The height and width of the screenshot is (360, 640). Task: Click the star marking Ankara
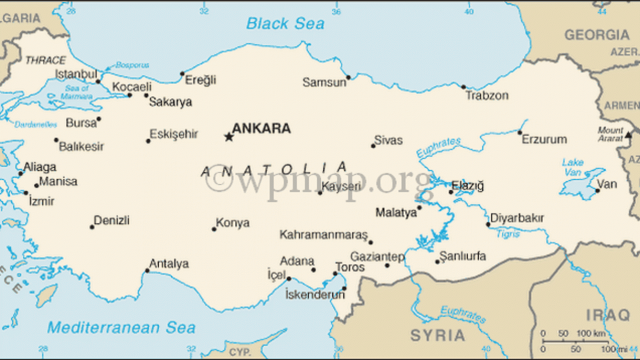click(x=229, y=136)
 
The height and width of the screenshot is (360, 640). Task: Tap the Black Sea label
click(x=285, y=23)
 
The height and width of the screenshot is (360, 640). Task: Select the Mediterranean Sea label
click(x=121, y=327)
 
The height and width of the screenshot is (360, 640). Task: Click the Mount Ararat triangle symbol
click(x=628, y=134)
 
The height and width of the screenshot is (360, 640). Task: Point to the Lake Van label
click(x=572, y=167)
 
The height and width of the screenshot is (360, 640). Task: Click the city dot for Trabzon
click(x=463, y=87)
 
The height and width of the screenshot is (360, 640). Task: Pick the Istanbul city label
click(x=75, y=74)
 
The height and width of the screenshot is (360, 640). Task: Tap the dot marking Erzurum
click(x=519, y=132)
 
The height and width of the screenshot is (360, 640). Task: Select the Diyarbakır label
click(x=517, y=218)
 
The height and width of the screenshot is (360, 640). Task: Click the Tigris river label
click(x=507, y=233)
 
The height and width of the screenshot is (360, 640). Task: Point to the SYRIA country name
click(x=437, y=335)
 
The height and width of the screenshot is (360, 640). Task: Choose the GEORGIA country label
click(x=597, y=35)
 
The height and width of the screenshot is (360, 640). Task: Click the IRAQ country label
click(x=608, y=315)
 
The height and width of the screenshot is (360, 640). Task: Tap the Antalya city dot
click(x=147, y=271)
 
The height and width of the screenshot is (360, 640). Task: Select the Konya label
click(x=232, y=223)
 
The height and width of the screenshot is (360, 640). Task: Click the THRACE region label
click(x=45, y=60)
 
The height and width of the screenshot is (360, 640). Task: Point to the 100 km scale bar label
click(x=592, y=333)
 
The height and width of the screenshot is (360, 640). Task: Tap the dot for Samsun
click(x=348, y=77)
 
